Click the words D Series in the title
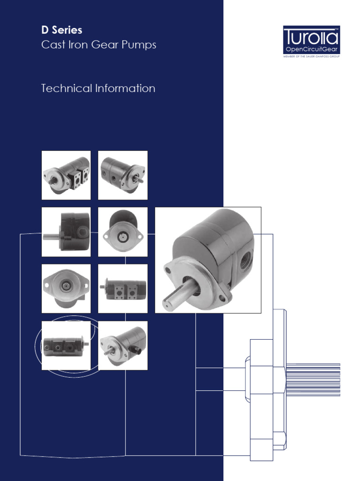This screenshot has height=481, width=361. point(62,30)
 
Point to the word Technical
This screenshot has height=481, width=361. point(66,88)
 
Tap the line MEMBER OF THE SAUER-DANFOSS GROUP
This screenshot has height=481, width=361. point(311,56)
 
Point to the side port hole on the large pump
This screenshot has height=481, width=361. point(245,260)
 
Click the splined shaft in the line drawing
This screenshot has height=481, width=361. point(313,380)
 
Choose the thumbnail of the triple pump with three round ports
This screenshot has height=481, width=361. point(66,346)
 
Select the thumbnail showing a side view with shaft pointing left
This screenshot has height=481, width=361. point(66,232)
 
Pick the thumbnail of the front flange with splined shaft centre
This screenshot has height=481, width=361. point(66,288)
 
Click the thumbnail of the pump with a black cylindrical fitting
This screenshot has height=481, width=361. point(123,346)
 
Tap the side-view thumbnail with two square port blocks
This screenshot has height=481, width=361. point(123,288)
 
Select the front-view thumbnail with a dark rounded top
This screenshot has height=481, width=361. point(123,232)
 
